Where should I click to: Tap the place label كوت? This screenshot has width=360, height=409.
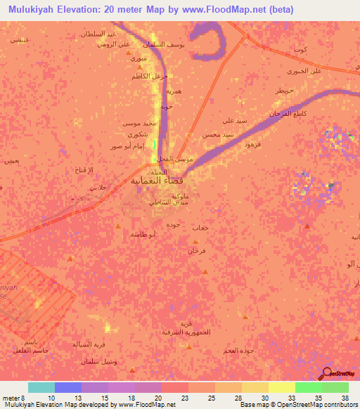tap(302, 51)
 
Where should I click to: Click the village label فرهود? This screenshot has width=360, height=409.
tap(250, 143)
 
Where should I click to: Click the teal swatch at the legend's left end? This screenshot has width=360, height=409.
tap(41, 387)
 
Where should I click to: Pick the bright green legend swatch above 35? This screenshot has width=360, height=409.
tap(308, 387)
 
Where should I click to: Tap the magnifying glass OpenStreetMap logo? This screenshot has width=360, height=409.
tap(327, 373)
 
